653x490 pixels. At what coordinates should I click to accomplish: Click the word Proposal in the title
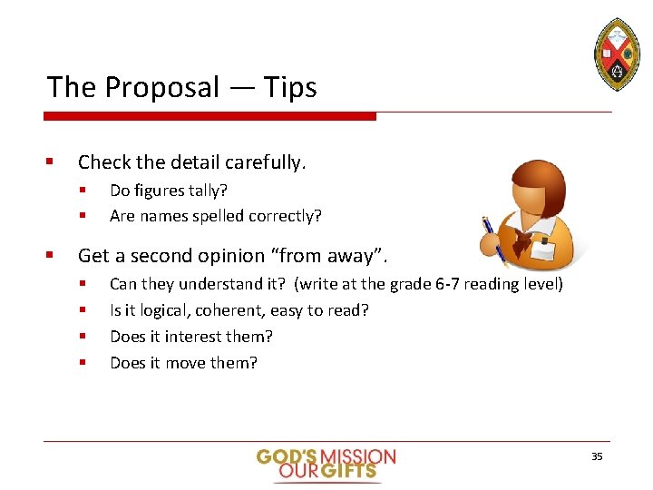click(x=161, y=88)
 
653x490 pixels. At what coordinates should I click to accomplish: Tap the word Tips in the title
click(x=290, y=88)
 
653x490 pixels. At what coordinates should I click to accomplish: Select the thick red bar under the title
click(x=210, y=116)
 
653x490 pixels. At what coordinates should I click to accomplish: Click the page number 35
click(x=597, y=456)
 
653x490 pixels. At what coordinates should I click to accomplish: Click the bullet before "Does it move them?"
click(x=82, y=363)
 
